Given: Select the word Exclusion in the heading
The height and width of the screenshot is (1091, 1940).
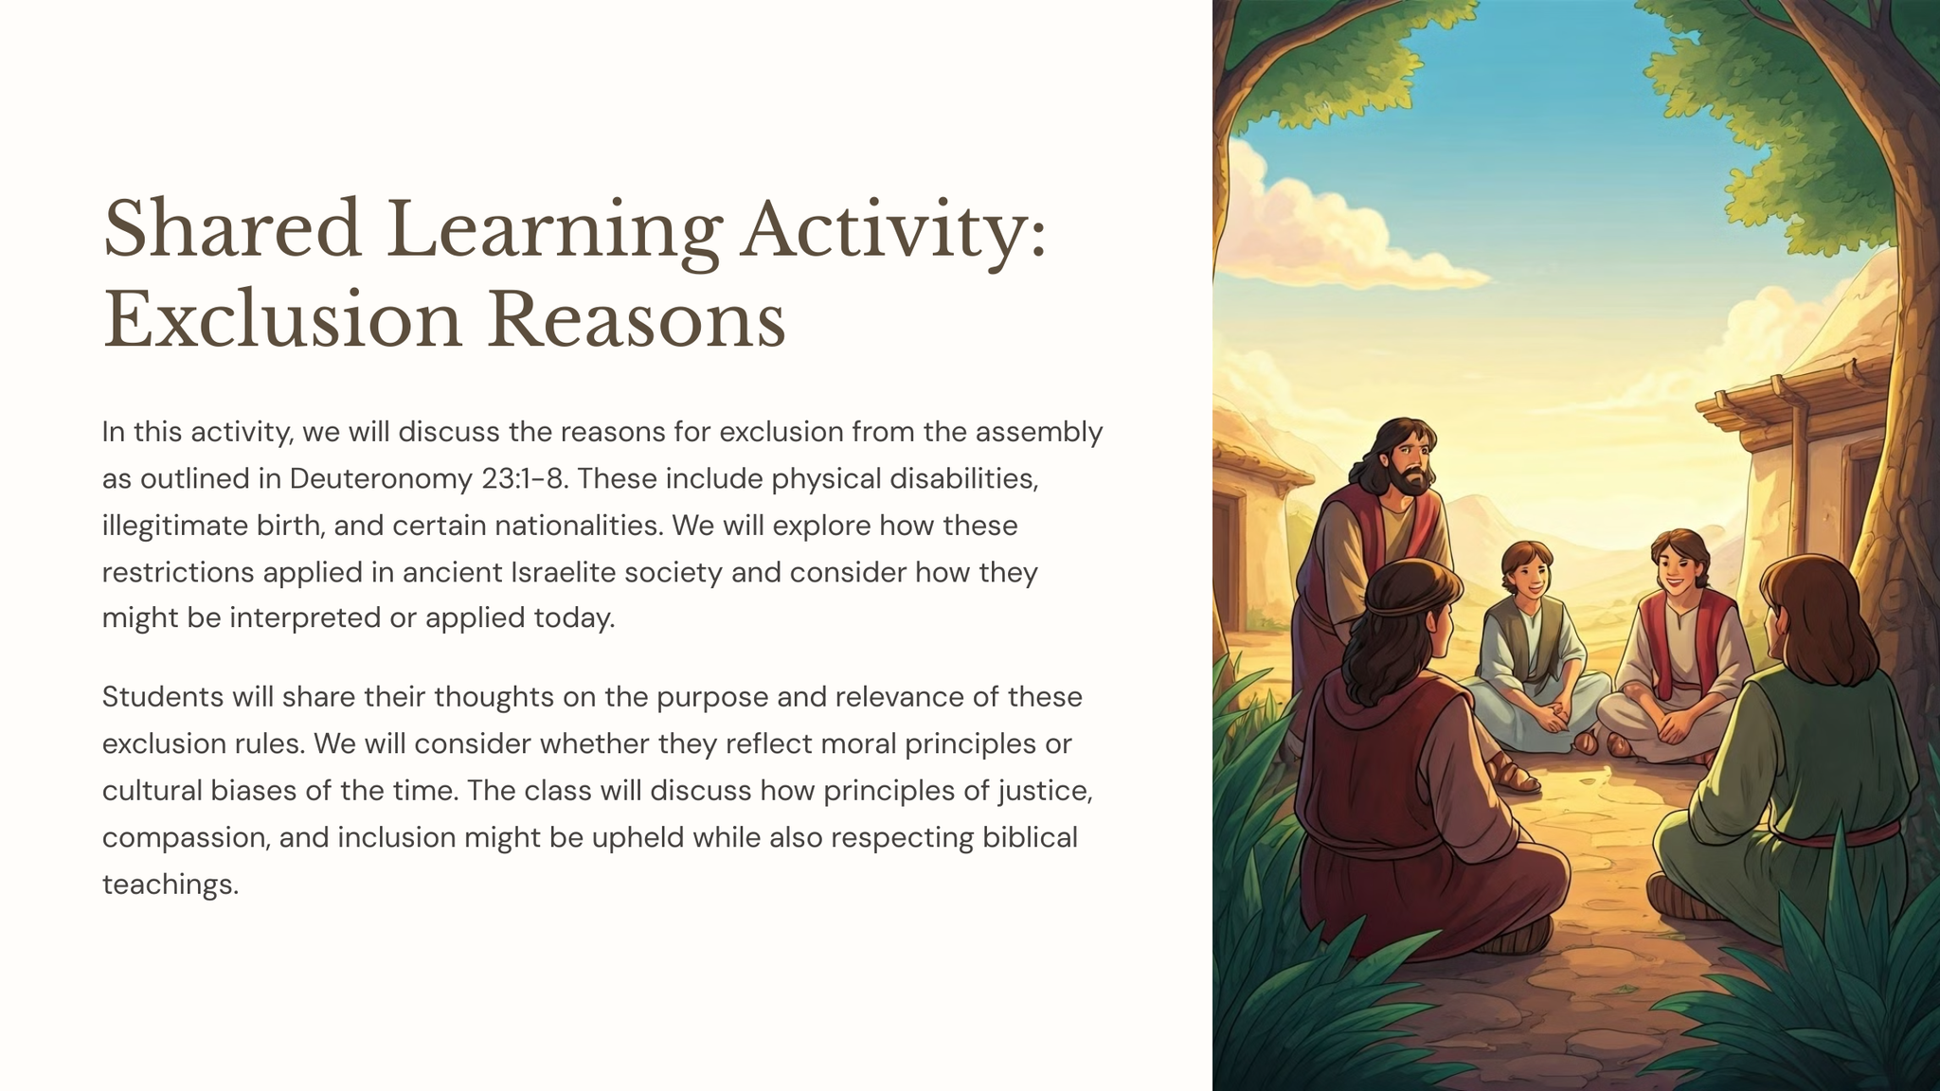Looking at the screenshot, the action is pyautogui.click(x=282, y=319).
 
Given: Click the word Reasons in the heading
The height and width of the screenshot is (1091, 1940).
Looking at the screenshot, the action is pyautogui.click(x=637, y=319).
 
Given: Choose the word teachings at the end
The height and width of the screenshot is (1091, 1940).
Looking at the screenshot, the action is pyautogui.click(x=171, y=885).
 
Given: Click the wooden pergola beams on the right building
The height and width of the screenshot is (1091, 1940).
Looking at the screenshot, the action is pyautogui.click(x=1781, y=388).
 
